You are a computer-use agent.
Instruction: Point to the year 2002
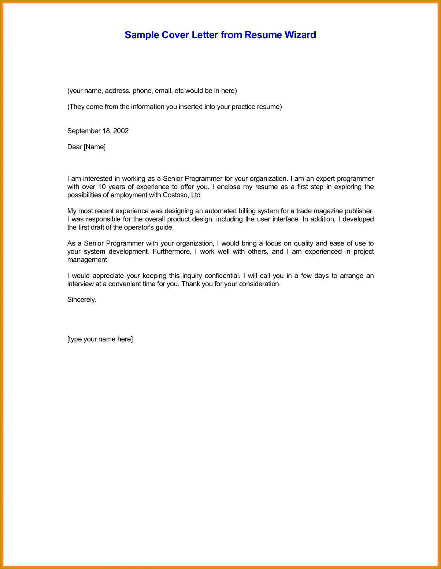click(x=121, y=131)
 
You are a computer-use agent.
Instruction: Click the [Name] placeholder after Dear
click(x=94, y=147)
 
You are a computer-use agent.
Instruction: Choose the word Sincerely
click(x=81, y=300)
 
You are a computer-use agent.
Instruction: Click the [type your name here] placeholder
click(x=100, y=339)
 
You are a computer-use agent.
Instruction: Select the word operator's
click(x=140, y=227)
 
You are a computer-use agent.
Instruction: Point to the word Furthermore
click(x=171, y=252)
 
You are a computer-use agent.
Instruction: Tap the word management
click(x=88, y=260)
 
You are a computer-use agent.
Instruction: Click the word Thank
click(x=189, y=284)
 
